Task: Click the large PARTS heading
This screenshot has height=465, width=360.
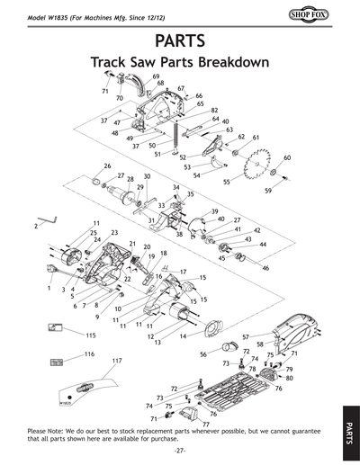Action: click(x=179, y=41)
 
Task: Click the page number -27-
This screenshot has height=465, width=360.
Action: click(x=180, y=450)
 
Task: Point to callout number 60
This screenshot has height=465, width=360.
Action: click(x=287, y=157)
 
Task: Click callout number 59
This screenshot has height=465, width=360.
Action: click(x=268, y=191)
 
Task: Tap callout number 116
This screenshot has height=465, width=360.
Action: click(x=89, y=355)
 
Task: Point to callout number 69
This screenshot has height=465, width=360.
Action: click(x=156, y=76)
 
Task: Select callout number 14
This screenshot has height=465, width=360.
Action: click(x=184, y=335)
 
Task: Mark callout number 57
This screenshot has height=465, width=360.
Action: click(x=245, y=336)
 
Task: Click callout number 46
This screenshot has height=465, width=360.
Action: click(x=265, y=268)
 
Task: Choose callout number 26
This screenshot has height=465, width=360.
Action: click(x=107, y=165)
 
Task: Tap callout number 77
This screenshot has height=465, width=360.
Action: click(x=206, y=423)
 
